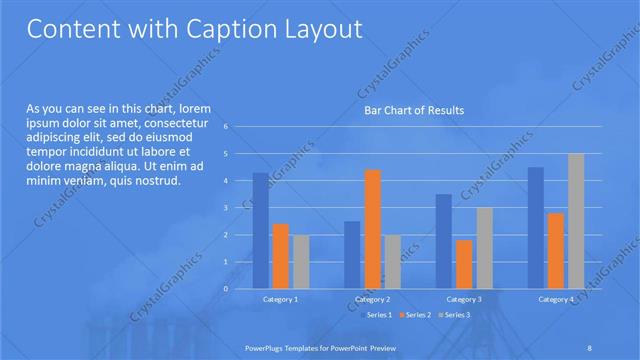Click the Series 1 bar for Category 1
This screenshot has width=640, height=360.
(x=260, y=230)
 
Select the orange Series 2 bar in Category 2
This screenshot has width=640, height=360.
(x=372, y=229)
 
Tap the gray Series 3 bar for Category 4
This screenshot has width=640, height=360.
(x=576, y=221)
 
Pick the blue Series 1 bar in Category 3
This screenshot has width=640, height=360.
(x=444, y=241)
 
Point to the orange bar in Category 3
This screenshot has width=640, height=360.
(x=464, y=264)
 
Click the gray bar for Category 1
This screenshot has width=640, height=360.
(x=300, y=261)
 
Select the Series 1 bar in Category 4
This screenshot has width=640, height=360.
(x=536, y=227)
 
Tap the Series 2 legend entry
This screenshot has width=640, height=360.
(x=415, y=315)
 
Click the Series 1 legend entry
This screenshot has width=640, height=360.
(x=376, y=315)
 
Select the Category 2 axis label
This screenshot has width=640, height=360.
(x=372, y=299)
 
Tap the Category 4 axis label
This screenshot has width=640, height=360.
(x=556, y=299)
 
